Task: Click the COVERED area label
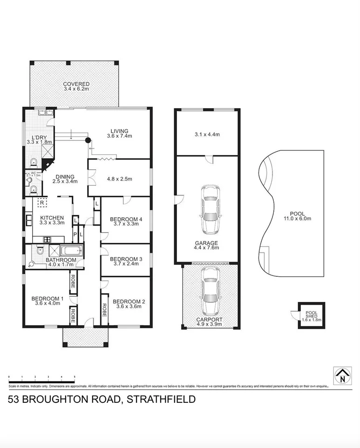coord(76,84)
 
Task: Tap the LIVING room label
coord(119,131)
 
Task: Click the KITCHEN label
coord(51,218)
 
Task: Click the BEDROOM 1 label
coord(47,299)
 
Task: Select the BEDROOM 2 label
coord(129,301)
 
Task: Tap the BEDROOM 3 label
coord(126,259)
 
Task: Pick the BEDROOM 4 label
coord(126,219)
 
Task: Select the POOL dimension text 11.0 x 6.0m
coord(297,219)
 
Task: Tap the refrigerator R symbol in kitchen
coord(42,203)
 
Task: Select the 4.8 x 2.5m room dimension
coord(119,179)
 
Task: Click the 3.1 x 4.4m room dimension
coord(207,134)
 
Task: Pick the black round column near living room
coord(87,140)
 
